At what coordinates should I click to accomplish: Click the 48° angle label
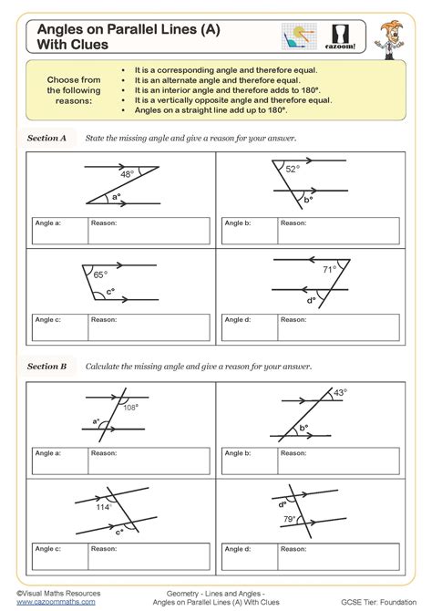(128, 173)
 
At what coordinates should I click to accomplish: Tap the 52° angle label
(292, 169)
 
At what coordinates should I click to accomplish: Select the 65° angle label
(100, 273)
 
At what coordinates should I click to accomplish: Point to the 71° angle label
(329, 270)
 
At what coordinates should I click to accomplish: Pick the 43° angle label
(340, 393)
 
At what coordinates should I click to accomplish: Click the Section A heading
(47, 139)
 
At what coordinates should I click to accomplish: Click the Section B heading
(47, 366)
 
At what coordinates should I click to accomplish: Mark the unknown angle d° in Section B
(283, 502)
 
